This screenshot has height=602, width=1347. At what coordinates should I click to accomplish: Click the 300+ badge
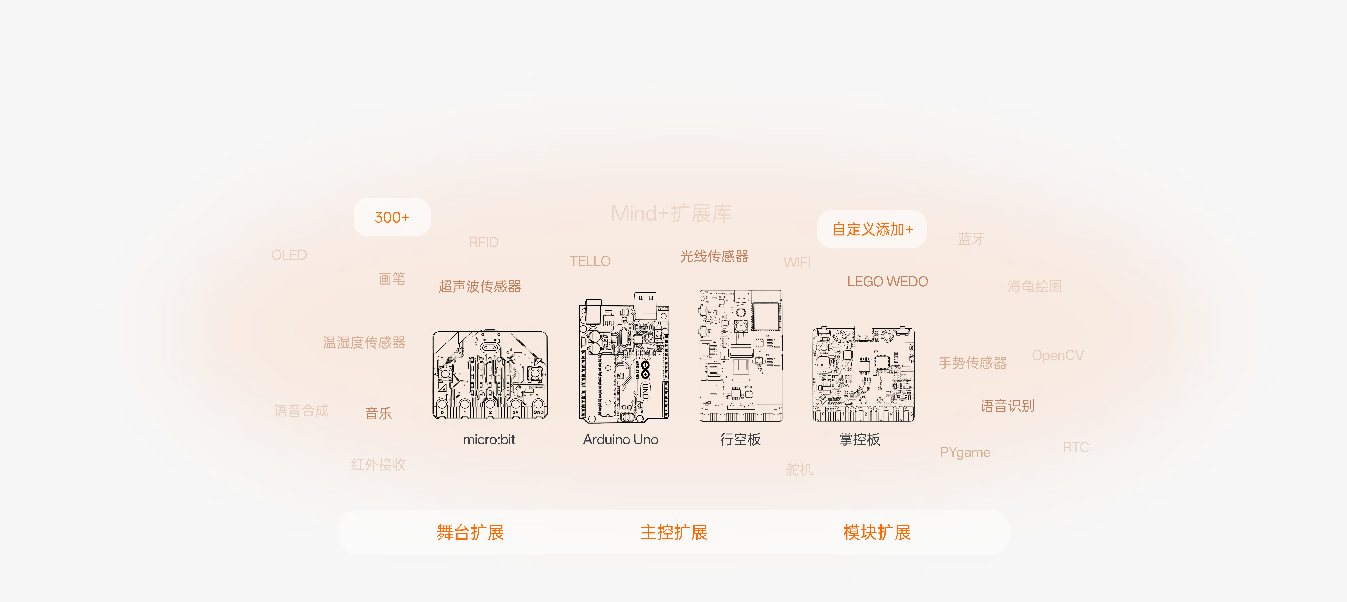coord(392,217)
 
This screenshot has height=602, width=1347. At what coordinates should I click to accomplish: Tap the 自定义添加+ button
coord(872,229)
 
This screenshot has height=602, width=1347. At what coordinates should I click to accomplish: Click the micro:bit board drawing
coord(490,375)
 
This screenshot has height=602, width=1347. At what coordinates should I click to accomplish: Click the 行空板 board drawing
coord(741,356)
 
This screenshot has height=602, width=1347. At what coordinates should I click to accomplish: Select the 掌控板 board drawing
coord(863,374)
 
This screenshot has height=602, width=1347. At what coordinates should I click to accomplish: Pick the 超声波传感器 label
coord(480,286)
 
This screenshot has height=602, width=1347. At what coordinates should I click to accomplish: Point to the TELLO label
coord(590,261)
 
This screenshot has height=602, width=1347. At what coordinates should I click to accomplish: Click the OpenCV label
coord(1057,356)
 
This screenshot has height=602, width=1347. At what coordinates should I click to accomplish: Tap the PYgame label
coord(965,452)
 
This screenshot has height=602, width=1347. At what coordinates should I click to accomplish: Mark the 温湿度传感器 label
coord(364,343)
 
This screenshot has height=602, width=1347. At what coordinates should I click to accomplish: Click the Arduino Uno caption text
coord(621,439)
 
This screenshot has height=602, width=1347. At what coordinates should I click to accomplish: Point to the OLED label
coord(289,255)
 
